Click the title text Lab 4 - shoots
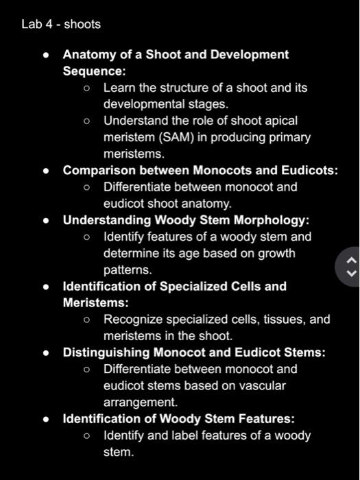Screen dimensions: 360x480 point(61,24)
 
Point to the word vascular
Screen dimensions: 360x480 point(263,385)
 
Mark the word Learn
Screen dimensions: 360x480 point(119,88)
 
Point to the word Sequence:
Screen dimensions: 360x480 point(93,71)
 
